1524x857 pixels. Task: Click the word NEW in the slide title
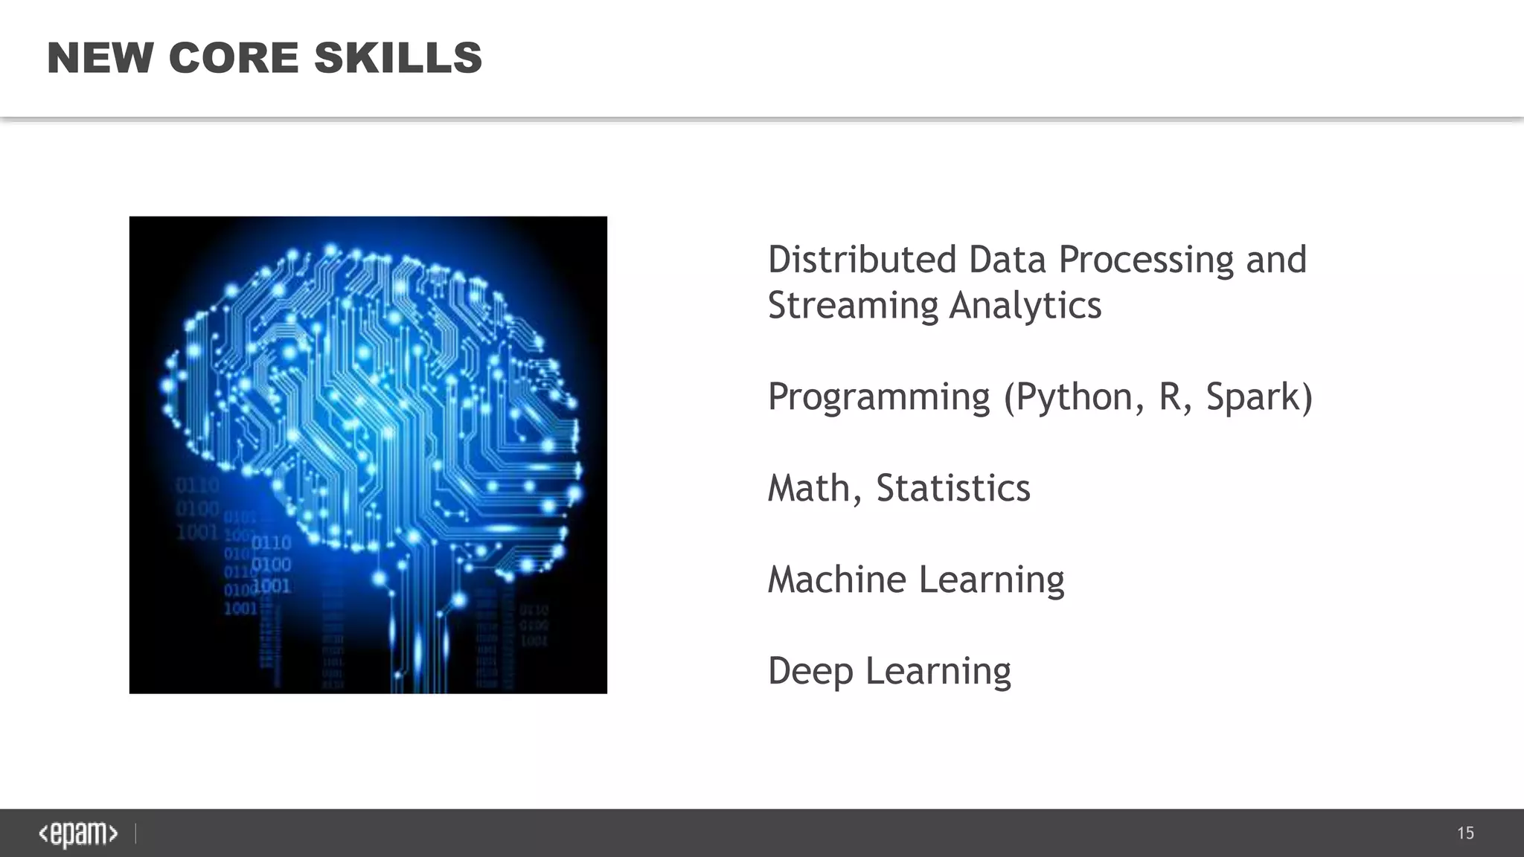100,58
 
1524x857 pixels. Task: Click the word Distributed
862,260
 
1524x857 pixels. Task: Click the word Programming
879,397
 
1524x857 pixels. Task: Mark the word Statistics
952,489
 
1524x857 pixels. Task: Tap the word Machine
836,580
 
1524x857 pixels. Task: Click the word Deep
810,672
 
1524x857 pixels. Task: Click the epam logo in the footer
78,834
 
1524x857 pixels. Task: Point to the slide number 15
1465,833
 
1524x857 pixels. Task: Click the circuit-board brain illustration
368,455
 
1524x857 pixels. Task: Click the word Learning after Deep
938,672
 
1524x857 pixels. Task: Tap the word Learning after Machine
991,581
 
